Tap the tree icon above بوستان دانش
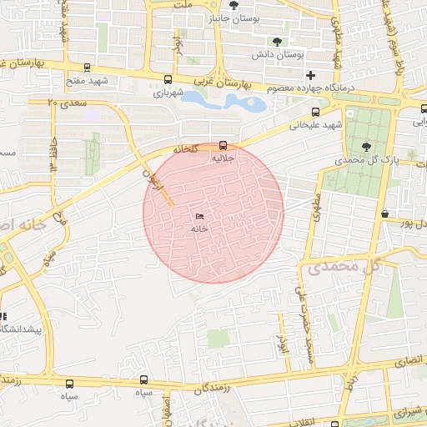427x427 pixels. click(x=276, y=42)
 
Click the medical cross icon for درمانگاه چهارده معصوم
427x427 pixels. click(x=311, y=75)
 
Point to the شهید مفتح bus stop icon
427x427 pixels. click(x=88, y=68)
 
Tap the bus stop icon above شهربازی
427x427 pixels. click(x=168, y=80)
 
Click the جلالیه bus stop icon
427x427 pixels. click(x=222, y=144)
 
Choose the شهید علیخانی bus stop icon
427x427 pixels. click(x=315, y=112)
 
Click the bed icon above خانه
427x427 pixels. click(x=199, y=216)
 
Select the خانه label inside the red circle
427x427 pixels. click(x=199, y=228)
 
